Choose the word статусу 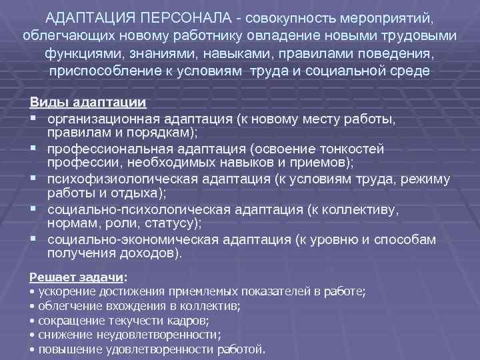click(174, 223)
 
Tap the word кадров click(179, 321)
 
